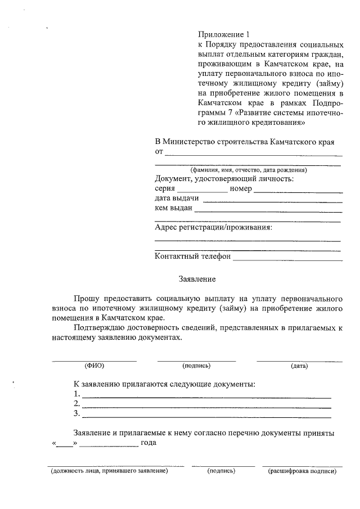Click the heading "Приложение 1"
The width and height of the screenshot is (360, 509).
tap(224, 34)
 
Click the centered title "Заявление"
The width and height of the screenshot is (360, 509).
tap(197, 278)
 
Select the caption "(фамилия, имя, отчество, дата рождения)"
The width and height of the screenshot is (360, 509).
tap(248, 169)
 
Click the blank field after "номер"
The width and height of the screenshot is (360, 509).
tap(298, 192)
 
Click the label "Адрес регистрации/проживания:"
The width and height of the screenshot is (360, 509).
tap(213, 228)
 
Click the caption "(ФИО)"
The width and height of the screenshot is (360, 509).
tap(94, 366)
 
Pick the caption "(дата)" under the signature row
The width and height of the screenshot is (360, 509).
tap(299, 366)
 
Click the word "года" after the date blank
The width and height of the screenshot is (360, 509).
tap(148, 443)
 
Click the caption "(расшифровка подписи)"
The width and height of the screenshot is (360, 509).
tap(302, 471)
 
